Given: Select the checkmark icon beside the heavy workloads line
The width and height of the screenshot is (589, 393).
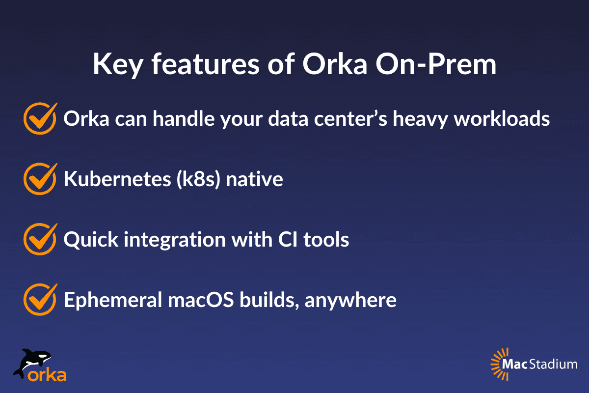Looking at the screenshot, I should (x=39, y=119).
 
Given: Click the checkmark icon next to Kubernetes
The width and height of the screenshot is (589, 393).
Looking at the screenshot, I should (x=39, y=179).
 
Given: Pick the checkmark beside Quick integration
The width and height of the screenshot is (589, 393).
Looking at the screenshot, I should (x=39, y=239).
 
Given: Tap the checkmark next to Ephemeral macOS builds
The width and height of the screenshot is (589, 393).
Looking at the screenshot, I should (x=39, y=299).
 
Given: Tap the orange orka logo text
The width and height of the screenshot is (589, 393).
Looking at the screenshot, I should (x=47, y=375).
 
